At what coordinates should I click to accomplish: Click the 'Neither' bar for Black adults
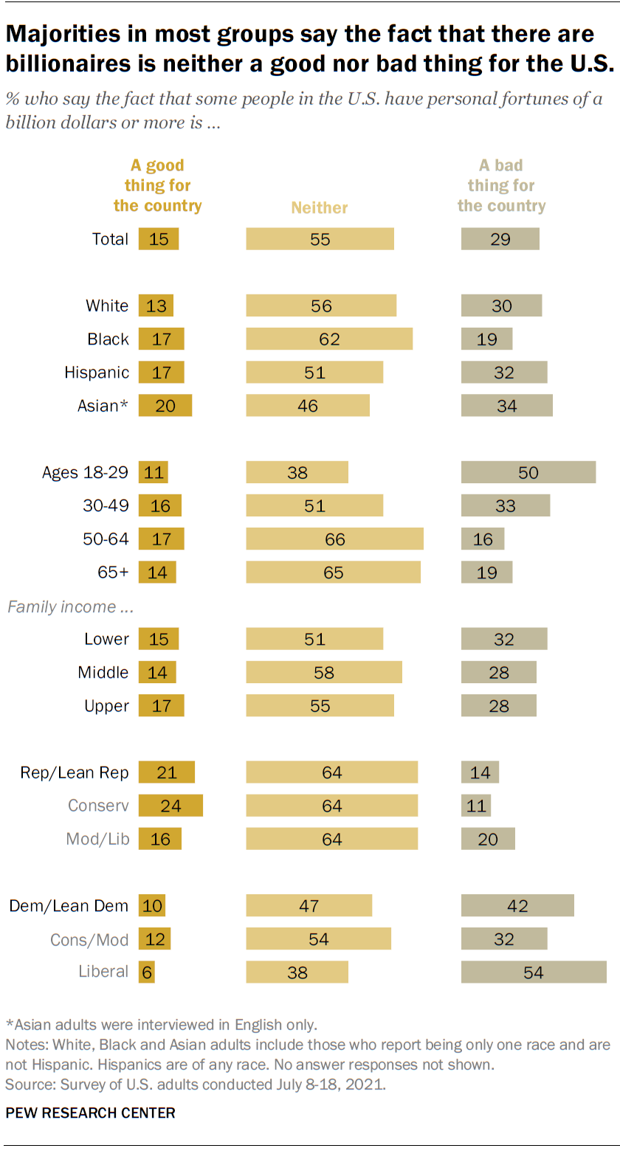point(329,339)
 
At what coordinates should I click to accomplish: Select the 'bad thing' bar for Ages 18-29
point(528,472)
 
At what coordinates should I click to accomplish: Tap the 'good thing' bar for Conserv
point(170,806)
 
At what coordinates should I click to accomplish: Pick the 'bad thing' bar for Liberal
point(534,972)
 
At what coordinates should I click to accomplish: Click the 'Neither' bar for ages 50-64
point(335,539)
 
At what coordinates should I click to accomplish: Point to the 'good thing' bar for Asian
point(165,406)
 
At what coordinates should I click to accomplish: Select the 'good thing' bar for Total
point(159,239)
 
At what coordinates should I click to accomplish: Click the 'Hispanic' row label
point(97,373)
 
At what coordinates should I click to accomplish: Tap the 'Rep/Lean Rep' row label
point(75,772)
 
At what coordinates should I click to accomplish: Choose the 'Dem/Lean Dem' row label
point(69,906)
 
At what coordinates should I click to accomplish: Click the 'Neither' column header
point(319,208)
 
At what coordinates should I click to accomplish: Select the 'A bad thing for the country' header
point(501,186)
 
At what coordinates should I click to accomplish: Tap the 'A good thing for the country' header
point(157,186)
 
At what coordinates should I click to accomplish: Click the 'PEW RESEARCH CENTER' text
point(90,1113)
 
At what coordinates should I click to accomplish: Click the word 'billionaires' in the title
point(71,63)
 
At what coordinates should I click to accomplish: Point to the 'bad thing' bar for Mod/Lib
point(488,839)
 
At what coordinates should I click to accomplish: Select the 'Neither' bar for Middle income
point(324,673)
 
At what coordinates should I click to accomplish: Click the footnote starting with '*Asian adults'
point(161,1025)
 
